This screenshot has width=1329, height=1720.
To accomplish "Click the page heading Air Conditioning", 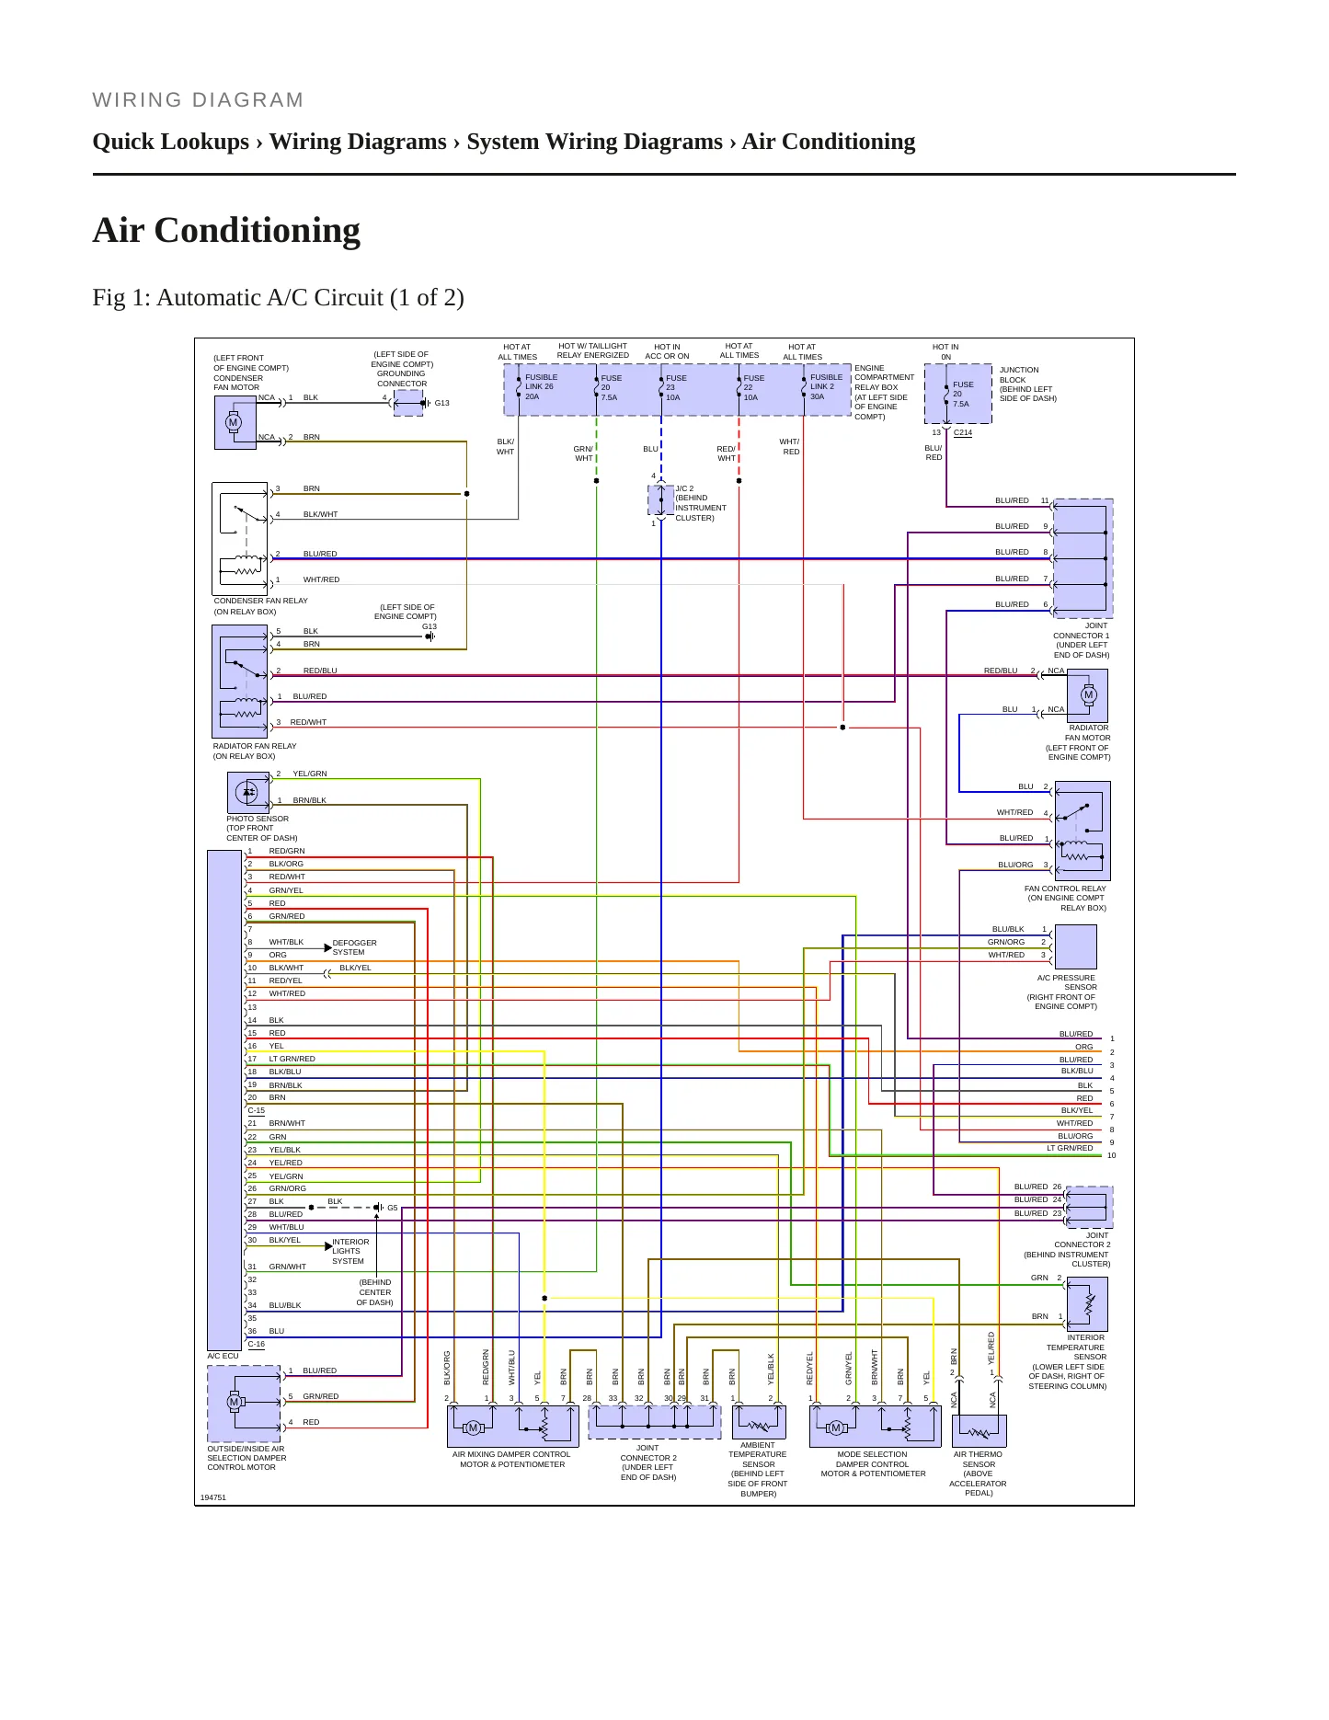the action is click(226, 230).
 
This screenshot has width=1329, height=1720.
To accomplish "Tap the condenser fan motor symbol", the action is click(235, 423).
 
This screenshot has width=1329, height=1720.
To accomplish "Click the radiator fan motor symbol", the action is click(1087, 695).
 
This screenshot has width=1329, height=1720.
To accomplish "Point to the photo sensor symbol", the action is click(247, 792).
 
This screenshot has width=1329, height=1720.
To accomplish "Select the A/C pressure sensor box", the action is click(1075, 946).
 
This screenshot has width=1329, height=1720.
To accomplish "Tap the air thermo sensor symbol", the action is click(979, 1430).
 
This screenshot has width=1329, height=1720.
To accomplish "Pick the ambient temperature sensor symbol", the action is click(759, 1423).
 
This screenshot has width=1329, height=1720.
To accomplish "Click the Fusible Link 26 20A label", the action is click(541, 386).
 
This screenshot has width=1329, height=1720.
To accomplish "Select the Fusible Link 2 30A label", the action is click(826, 386).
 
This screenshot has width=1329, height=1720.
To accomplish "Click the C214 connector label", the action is click(963, 432).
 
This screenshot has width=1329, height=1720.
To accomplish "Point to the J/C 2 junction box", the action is click(661, 500).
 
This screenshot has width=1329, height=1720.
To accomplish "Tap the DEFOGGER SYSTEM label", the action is click(354, 947).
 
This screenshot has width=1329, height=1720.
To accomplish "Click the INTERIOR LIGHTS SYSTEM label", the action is click(350, 1251).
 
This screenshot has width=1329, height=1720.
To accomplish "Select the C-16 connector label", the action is click(256, 1344).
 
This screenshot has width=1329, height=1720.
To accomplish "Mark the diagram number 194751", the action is click(213, 1497).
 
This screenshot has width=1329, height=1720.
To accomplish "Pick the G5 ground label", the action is click(393, 1208).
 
